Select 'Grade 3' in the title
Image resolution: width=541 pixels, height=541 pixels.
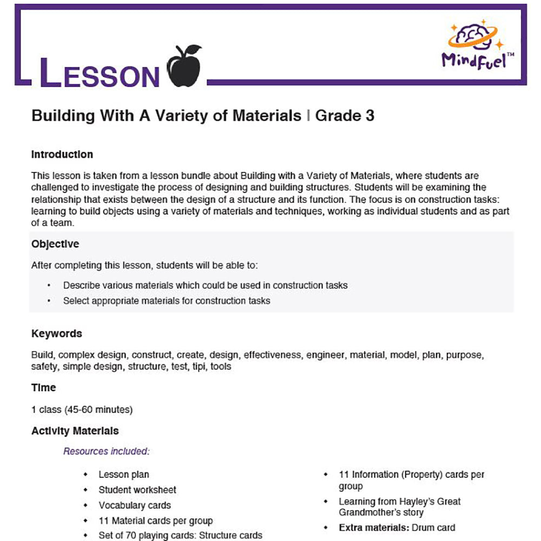tap(345, 115)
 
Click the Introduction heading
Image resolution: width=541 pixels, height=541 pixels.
tap(62, 155)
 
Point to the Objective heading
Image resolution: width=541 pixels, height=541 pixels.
tap(55, 244)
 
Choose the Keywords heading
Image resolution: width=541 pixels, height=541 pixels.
tap(57, 333)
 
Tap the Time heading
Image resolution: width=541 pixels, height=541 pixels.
tap(44, 387)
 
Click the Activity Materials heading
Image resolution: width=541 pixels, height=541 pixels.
tap(75, 431)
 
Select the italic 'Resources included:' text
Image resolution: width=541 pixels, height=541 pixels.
tap(106, 451)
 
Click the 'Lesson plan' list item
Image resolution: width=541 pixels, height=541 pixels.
tap(124, 475)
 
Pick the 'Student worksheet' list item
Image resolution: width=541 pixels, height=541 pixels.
tap(137, 490)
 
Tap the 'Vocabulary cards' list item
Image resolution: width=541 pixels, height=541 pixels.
tap(135, 505)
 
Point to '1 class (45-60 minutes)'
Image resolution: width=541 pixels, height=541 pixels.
tap(82, 410)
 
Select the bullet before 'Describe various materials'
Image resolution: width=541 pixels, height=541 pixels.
tap(49, 286)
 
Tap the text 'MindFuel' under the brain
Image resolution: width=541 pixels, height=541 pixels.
tap(473, 60)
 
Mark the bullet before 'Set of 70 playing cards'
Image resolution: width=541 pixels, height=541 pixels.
tap(85, 536)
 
